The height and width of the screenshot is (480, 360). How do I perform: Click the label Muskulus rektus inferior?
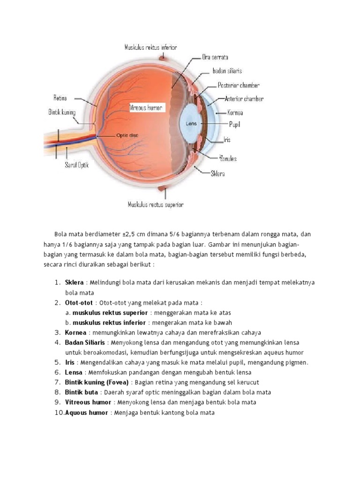click(150, 47)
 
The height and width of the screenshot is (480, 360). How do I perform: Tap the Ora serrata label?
click(215, 57)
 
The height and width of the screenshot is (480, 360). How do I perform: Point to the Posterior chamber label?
click(239, 85)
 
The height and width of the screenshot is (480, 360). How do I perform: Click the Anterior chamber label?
click(244, 99)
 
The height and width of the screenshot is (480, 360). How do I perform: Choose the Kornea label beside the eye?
click(235, 112)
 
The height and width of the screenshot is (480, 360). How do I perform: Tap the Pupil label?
click(234, 125)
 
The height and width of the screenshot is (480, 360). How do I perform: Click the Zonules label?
click(227, 158)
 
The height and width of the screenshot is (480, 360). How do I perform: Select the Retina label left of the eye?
click(60, 98)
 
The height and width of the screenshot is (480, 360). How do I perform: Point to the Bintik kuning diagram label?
click(62, 112)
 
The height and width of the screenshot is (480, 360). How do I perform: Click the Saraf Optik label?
click(76, 165)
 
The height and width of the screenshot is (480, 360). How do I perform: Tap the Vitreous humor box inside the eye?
click(146, 108)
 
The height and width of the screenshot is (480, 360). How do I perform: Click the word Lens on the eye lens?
click(191, 124)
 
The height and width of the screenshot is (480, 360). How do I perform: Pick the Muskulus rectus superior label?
click(155, 204)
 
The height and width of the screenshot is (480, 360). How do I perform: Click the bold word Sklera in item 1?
click(74, 283)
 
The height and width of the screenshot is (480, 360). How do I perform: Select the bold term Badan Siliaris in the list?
click(85, 343)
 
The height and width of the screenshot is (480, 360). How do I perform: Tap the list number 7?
click(57, 382)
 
